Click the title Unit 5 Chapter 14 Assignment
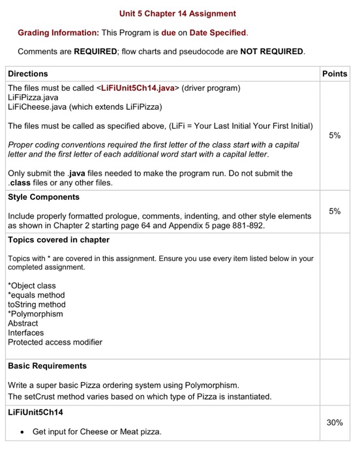pos(178,13)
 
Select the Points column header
pos(335,74)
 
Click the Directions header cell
pos(28,74)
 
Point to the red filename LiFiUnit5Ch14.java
pos(136,87)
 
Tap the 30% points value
pos(335,422)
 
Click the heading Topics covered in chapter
pos(59,240)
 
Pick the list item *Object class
pos(32,285)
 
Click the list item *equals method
pos(37,295)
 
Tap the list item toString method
pos(37,304)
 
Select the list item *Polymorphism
pos(35,314)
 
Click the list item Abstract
pos(23,323)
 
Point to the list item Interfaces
pos(26,332)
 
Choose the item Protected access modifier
pos(55,342)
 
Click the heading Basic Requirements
pos(47,366)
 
